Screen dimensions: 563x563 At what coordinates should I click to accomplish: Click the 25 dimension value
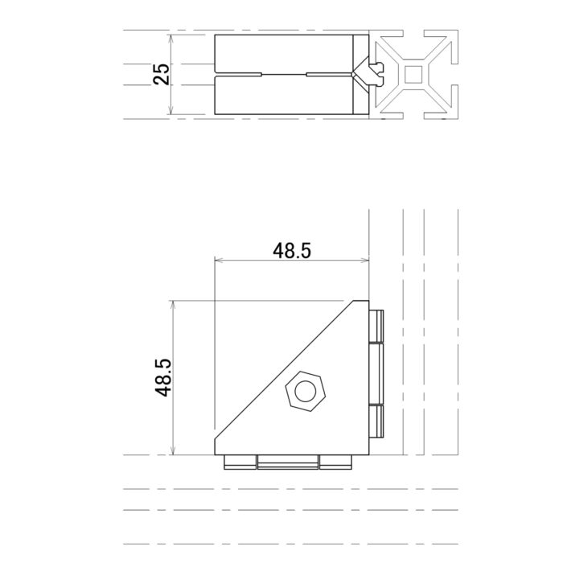(x=162, y=75)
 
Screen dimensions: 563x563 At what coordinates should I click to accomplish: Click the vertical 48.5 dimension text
(x=163, y=377)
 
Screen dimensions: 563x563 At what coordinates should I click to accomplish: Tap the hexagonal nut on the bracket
(x=305, y=392)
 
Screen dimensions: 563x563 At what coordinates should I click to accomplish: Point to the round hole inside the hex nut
(x=305, y=392)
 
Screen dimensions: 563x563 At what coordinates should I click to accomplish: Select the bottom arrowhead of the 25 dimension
(x=172, y=113)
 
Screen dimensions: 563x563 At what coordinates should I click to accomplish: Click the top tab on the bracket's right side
(x=376, y=324)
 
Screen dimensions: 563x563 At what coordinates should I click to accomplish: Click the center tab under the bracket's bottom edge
(x=287, y=462)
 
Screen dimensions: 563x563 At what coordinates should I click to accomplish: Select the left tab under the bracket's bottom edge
(x=239, y=462)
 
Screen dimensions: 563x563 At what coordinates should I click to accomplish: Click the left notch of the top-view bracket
(x=239, y=75)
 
